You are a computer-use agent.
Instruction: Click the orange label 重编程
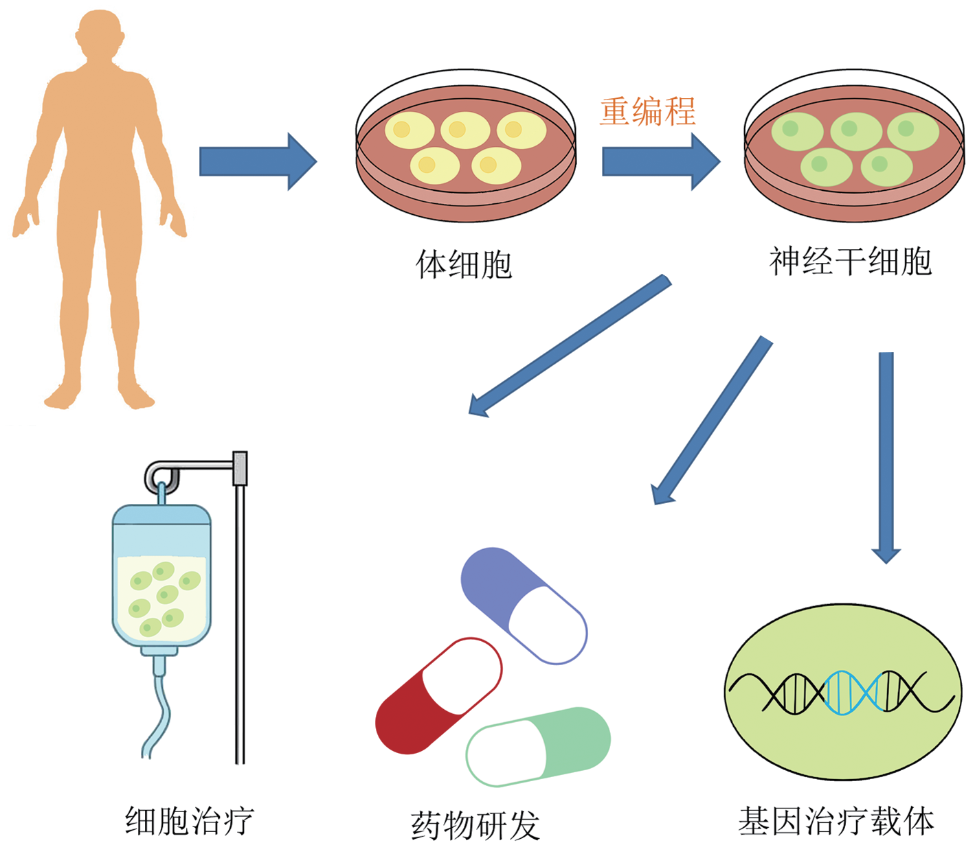(647, 112)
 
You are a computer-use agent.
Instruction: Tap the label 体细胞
(464, 264)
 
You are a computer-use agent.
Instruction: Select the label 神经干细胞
(851, 261)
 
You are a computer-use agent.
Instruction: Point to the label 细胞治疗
(189, 820)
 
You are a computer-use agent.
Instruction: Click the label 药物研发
(475, 825)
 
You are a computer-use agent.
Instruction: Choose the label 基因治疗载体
(836, 820)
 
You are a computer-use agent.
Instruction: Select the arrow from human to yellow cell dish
(258, 162)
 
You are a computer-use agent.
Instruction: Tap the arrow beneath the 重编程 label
(662, 162)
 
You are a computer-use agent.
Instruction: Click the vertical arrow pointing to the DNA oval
(886, 458)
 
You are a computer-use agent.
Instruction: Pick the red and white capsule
(438, 696)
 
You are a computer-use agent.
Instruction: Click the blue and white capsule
(524, 605)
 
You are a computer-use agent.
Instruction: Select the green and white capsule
(538, 746)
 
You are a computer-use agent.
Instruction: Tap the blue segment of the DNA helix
(854, 693)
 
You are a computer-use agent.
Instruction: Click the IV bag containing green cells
(161, 576)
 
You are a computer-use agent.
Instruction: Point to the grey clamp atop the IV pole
(240, 468)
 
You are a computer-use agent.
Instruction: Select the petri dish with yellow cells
(466, 146)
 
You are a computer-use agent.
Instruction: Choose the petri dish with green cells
(855, 146)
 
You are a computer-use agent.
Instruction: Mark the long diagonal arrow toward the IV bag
(570, 345)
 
